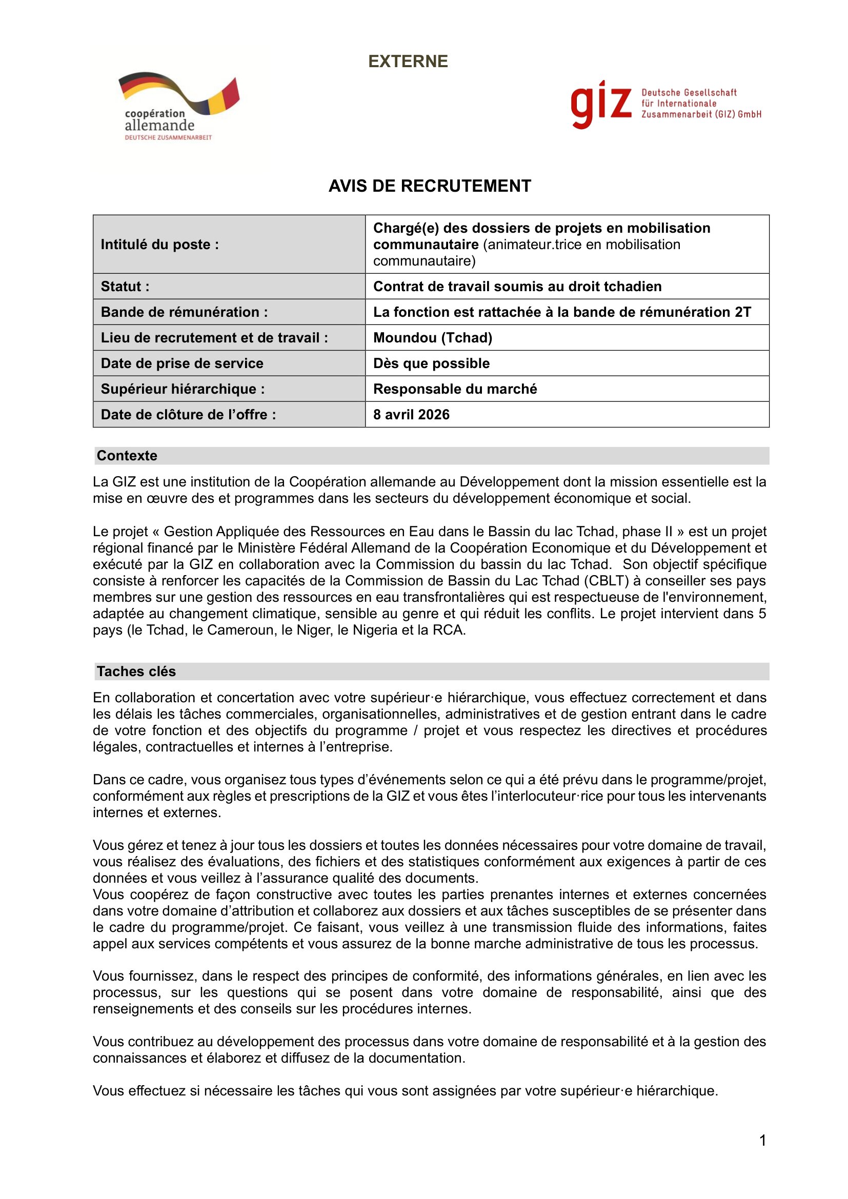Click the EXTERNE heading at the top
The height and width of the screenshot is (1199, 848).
click(x=408, y=62)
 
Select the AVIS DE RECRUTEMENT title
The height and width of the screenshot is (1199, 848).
click(x=429, y=186)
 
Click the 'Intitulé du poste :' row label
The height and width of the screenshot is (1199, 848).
click(x=160, y=245)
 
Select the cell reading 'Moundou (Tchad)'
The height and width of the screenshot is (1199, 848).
click(x=432, y=337)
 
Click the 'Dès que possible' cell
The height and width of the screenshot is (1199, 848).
click(x=431, y=363)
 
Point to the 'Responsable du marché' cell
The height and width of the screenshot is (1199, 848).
click(x=455, y=389)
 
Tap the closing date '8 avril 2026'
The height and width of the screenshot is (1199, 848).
click(x=411, y=414)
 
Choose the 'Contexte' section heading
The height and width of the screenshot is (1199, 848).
click(x=127, y=455)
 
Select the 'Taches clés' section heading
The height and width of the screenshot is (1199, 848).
click(x=136, y=671)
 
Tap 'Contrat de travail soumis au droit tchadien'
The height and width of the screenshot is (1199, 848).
click(x=517, y=286)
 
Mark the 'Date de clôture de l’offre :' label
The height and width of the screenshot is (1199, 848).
click(x=188, y=414)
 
